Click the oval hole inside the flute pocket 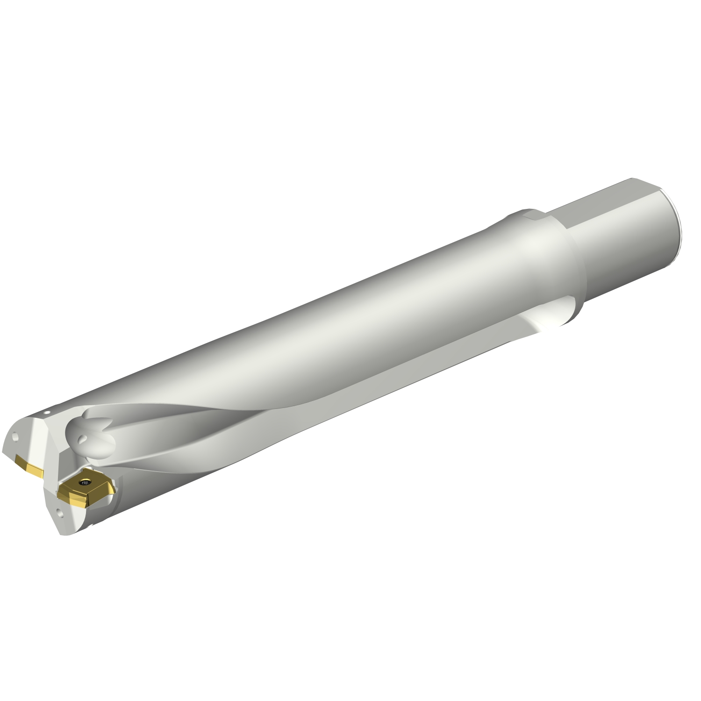pyautogui.click(x=83, y=439)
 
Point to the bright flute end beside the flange pyautogui.click(x=551, y=322)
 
